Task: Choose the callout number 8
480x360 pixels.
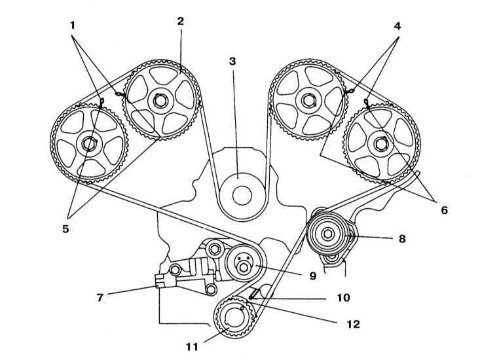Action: (x=401, y=238)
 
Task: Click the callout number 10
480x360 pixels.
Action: (x=342, y=298)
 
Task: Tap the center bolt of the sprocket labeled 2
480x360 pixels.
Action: (x=159, y=99)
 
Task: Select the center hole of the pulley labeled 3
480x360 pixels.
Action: (x=239, y=194)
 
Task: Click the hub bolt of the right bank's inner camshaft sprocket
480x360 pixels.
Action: (x=307, y=99)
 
